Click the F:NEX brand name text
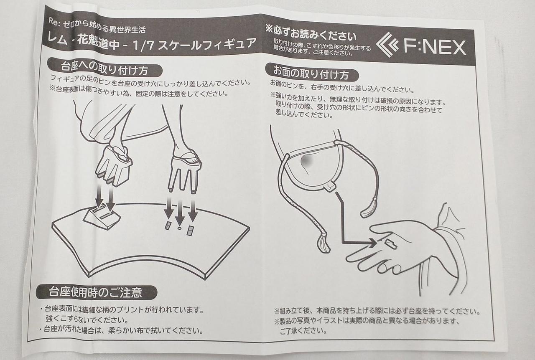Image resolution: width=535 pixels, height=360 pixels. pyautogui.click(x=435, y=47)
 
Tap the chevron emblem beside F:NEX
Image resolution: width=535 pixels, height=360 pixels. pyautogui.click(x=387, y=45)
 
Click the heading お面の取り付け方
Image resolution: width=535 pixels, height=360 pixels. pyautogui.click(x=311, y=73)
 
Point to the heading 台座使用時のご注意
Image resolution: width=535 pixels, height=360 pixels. pyautogui.click(x=95, y=292)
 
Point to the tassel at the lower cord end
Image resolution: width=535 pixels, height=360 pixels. pyautogui.click(x=324, y=243)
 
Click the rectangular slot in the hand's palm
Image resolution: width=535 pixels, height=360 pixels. pyautogui.click(x=391, y=243)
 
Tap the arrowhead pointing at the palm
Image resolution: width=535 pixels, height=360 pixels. pyautogui.click(x=373, y=243)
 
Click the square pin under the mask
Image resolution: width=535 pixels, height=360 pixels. pyautogui.click(x=330, y=186)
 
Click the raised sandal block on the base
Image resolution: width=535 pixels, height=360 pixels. pyautogui.click(x=103, y=216)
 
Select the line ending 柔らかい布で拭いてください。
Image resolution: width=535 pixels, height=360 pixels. pyautogui.click(x=121, y=330)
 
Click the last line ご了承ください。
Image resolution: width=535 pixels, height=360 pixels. pyautogui.click(x=303, y=331)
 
